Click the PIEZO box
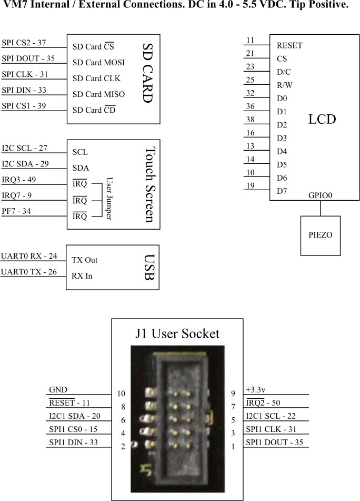tap(320, 234)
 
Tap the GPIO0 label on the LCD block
tap(320, 195)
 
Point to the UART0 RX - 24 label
tap(28, 255)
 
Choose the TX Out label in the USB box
tap(85, 260)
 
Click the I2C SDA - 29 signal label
tap(25, 164)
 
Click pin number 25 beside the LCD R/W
tap(250, 80)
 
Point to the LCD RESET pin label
tap(289, 46)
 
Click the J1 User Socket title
tap(177, 333)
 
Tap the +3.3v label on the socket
tap(256, 390)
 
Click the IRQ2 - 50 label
tap(264, 403)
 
